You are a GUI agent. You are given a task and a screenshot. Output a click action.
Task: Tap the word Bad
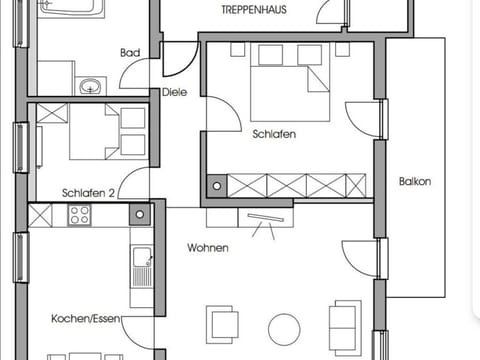click(x=129, y=53)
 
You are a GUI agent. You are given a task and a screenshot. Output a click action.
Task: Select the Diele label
click(x=175, y=92)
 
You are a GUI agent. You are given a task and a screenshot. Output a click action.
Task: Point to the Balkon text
click(x=414, y=182)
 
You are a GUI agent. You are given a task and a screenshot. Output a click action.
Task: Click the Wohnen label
click(x=207, y=248)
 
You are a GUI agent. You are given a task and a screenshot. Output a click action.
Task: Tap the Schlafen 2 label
click(x=88, y=193)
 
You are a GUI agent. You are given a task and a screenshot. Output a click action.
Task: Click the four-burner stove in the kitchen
click(x=79, y=214)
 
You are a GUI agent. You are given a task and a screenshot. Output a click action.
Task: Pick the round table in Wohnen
click(x=284, y=329)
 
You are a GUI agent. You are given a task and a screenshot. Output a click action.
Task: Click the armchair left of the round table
click(x=223, y=323)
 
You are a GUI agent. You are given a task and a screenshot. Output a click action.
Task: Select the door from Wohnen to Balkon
click(x=360, y=260)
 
